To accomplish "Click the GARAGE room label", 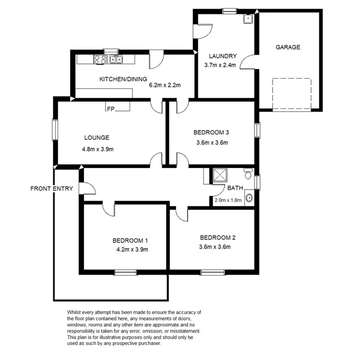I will pyautogui.click(x=288, y=47).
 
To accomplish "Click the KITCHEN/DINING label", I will pyautogui.click(x=123, y=79).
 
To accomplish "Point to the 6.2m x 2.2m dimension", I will pyautogui.click(x=165, y=85).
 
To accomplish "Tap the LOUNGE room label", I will pyautogui.click(x=95, y=137).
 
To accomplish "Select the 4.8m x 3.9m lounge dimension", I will pyautogui.click(x=97, y=149).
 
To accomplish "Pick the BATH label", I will pyautogui.click(x=235, y=188).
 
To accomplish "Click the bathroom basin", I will pyautogui.click(x=249, y=197).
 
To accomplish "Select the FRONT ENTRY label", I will pyautogui.click(x=51, y=189).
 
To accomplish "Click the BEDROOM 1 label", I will pyautogui.click(x=130, y=240).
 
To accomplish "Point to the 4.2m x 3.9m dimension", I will pyautogui.click(x=132, y=250).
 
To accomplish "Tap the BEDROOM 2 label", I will pyautogui.click(x=217, y=238).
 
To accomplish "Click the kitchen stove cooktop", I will pyautogui.click(x=100, y=60).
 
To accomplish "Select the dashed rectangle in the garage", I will pyautogui.click(x=291, y=94).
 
